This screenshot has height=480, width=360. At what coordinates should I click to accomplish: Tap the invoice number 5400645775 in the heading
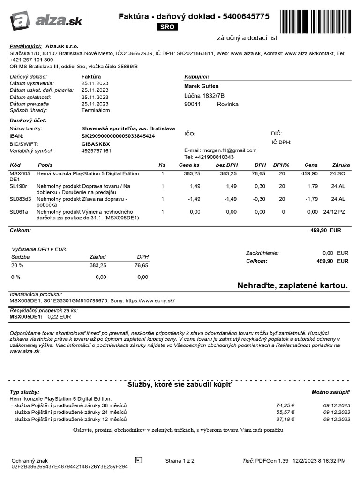coord(247,16)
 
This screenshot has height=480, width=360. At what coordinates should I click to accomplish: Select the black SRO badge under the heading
coord(167,27)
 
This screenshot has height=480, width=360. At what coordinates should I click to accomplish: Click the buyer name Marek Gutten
coord(202,86)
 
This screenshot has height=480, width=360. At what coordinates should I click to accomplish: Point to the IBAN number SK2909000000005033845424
coord(118,136)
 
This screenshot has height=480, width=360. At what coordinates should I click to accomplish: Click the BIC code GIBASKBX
coord(96,143)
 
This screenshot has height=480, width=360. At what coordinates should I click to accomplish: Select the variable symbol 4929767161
coord(97,151)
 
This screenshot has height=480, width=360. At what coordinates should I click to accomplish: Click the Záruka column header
coord(341,165)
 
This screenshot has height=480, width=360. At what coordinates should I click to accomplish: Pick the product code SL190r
coord(19,186)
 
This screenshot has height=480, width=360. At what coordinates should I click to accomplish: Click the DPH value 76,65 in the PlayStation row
coord(259,173)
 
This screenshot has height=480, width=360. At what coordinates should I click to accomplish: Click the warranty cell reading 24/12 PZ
coord(334,212)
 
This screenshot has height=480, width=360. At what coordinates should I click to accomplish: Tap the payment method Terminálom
coord(96,111)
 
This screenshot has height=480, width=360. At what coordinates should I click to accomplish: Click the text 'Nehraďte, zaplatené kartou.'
coord(292,285)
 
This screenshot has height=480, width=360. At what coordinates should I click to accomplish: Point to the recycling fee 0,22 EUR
coord(59,317)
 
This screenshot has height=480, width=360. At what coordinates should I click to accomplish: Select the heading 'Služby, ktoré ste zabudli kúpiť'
coord(180,384)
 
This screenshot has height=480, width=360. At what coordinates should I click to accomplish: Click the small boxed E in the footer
coord(138,459)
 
